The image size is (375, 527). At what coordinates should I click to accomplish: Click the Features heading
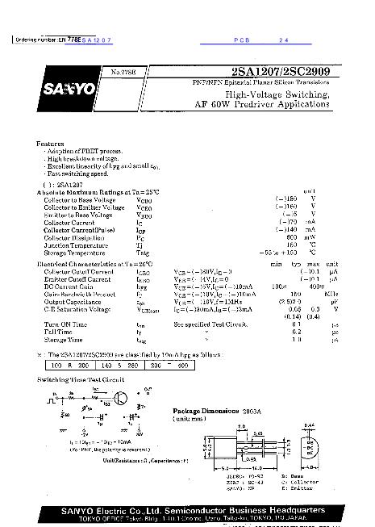pyautogui.click(x=51, y=143)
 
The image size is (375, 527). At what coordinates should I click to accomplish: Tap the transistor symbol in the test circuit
pyautogui.click(x=119, y=398)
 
